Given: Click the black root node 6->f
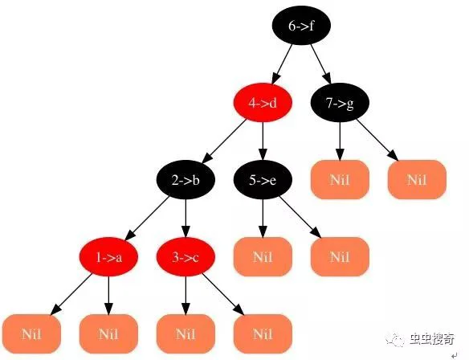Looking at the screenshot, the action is pos(301,26).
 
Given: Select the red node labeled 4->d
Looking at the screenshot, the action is pos(263,103).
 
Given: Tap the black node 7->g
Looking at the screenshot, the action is pos(340,103).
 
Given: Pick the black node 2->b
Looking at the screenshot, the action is pos(186,180).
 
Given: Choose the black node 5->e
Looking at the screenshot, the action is pos(263,180).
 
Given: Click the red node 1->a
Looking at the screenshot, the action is pos(108,257).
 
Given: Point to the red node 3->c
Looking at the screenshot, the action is pos(186,257).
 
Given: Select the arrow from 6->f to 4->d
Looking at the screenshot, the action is pos(282,64).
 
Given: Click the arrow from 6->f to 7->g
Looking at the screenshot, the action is pos(320,64).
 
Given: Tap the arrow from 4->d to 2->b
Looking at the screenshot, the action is pos(224,141).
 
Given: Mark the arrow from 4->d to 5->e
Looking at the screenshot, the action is pos(263,141).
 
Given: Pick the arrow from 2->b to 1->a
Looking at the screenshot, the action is pos(147,219).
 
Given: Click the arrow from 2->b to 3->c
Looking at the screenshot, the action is pos(186,219).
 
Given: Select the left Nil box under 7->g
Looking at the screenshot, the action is pos(340,180).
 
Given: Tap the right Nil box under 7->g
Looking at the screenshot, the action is pos(417,180).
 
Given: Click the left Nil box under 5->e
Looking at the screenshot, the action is pos(263,257).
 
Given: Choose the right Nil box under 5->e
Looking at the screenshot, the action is pos(340,257).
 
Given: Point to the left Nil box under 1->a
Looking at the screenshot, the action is pos(31,334).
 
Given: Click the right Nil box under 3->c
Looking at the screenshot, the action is pos(263,334).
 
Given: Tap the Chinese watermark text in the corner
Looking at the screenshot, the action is pos(432,339).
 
